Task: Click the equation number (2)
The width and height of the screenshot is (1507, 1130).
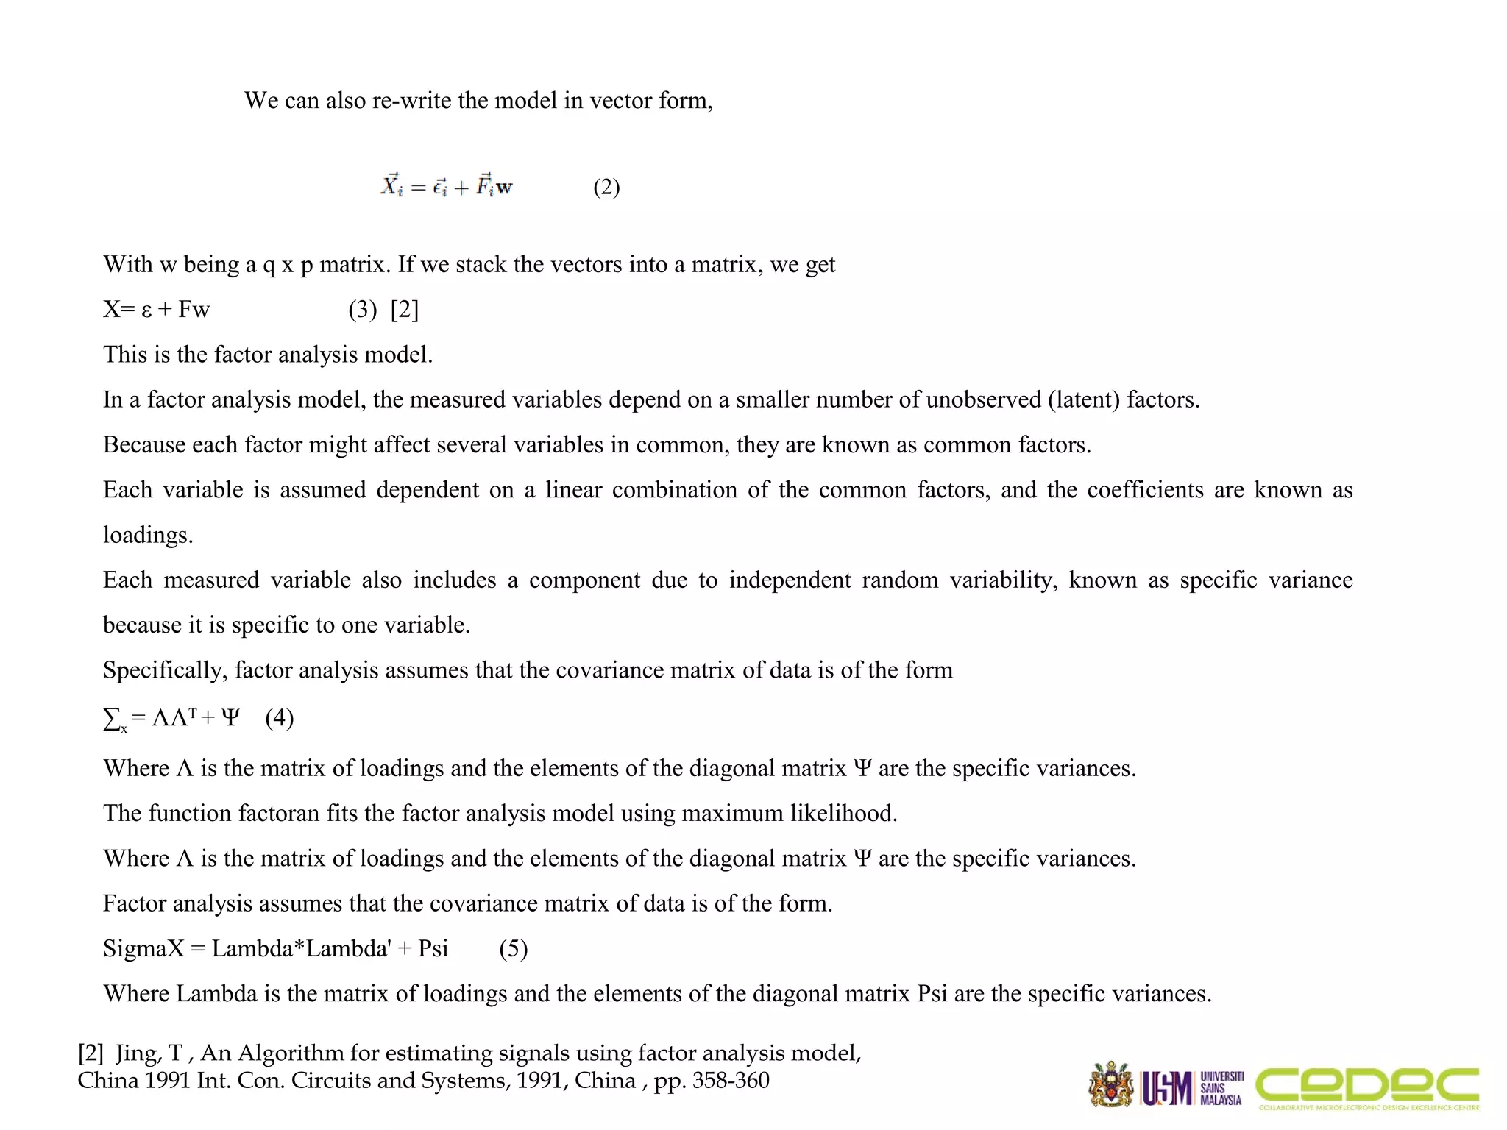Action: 606,187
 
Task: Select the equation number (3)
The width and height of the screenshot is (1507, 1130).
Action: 363,310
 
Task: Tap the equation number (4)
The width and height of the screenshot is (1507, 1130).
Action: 280,717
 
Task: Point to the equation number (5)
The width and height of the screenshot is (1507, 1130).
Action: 513,948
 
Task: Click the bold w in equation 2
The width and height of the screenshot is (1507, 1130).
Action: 503,188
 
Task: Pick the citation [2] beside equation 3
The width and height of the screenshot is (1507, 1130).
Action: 405,310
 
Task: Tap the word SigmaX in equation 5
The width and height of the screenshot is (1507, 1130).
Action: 143,948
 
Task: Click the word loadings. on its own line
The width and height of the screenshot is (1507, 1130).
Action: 148,535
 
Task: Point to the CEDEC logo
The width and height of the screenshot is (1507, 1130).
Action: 1367,1087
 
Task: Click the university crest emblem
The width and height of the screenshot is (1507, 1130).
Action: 1111,1084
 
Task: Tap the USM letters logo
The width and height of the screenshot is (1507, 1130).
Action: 1167,1088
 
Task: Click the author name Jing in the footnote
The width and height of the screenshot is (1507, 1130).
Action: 138,1053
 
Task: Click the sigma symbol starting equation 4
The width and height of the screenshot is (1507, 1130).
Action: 113,718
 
